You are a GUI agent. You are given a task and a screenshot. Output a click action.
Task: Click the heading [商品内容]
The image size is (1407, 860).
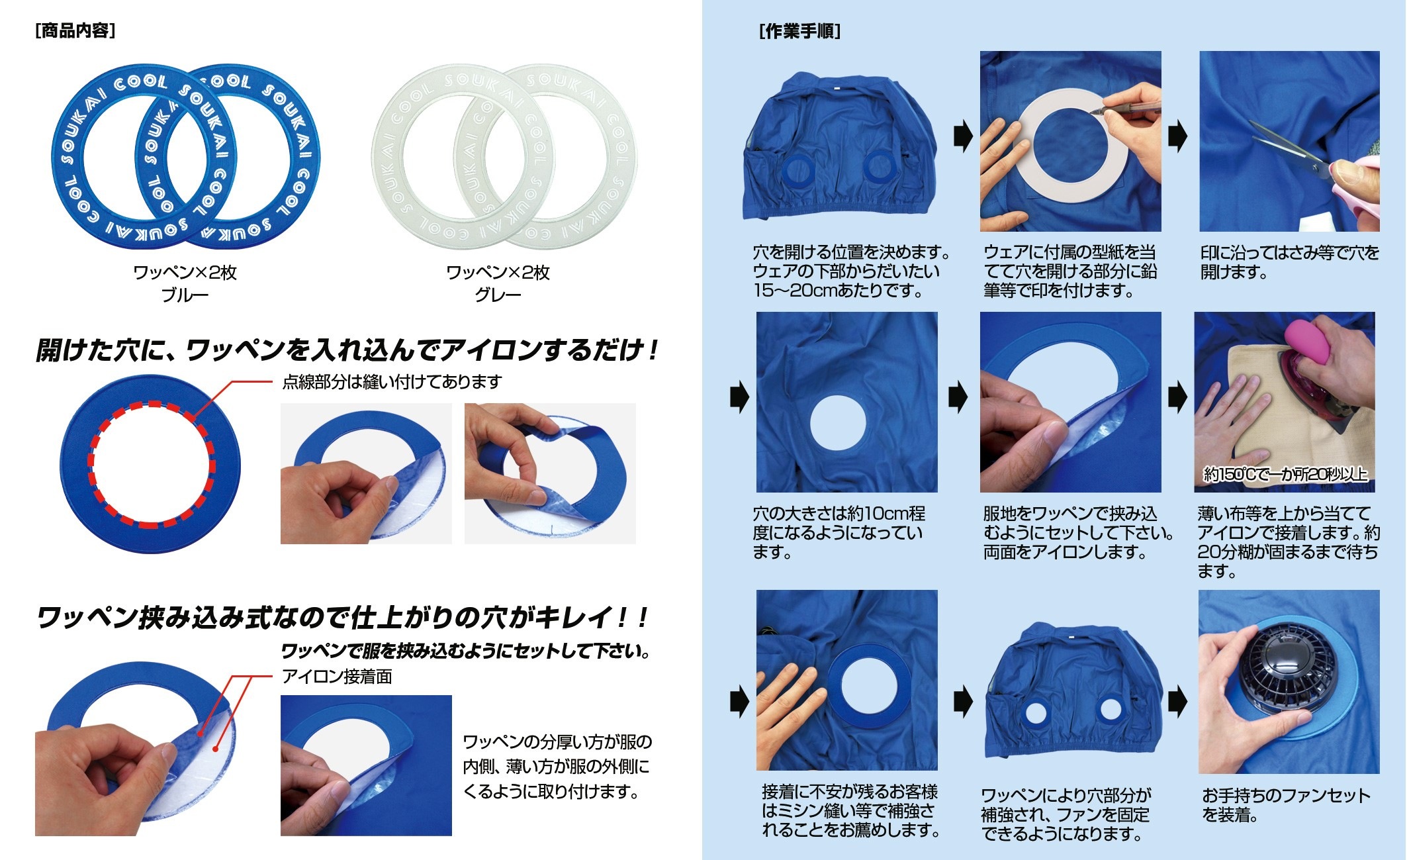75,30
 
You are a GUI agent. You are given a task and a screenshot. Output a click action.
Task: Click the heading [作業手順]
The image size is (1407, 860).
800,31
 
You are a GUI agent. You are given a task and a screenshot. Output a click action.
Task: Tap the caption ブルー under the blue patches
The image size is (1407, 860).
185,295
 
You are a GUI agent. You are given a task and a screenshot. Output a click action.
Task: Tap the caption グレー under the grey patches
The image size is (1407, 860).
498,295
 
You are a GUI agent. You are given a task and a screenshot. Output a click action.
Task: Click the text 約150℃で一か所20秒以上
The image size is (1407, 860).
1285,474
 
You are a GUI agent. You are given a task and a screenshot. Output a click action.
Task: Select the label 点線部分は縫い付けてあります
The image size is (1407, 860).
392,382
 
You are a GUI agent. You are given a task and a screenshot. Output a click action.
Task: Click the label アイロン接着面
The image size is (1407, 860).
337,677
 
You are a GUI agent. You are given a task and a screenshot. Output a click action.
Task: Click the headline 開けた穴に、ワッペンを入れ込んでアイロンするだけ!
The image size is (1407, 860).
347,350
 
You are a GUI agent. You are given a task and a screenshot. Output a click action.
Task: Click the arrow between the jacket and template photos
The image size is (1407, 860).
963,136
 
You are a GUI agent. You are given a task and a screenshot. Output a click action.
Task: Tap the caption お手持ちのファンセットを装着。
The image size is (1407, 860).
1286,805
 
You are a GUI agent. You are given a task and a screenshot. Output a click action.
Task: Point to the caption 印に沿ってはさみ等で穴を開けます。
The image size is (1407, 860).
1290,262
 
